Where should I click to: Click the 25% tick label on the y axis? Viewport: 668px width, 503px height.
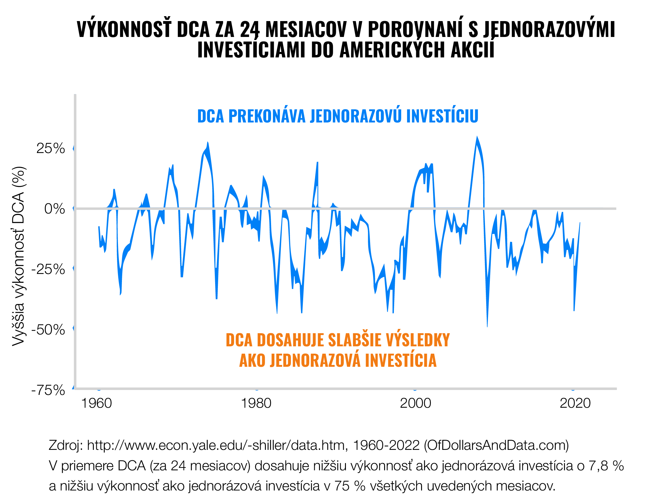click(50, 148)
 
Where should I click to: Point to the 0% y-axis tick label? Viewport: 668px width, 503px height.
click(54, 209)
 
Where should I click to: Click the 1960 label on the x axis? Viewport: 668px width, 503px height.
click(96, 403)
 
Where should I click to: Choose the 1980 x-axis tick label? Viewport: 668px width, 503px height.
click(256, 403)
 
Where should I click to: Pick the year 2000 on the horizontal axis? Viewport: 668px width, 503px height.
click(415, 403)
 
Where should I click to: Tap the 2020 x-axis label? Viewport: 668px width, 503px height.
click(575, 403)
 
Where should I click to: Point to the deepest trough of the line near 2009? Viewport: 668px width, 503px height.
click(487, 326)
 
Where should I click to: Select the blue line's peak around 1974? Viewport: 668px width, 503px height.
click(207, 142)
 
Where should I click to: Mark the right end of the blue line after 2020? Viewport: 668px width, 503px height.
click(580, 223)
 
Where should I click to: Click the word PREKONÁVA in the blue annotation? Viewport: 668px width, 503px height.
click(267, 116)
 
